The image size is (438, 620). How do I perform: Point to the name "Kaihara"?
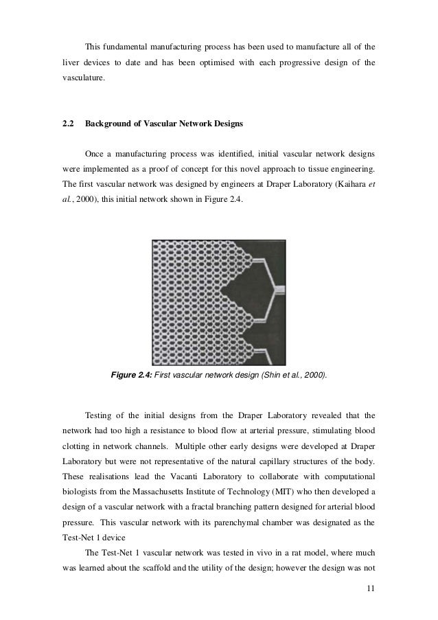[x=346, y=185]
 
